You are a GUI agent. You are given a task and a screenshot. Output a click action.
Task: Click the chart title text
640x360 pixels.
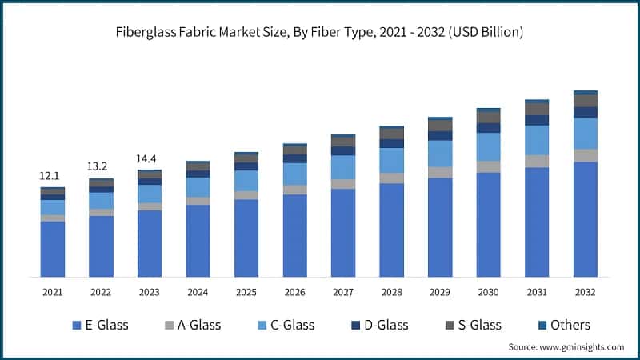click(320, 33)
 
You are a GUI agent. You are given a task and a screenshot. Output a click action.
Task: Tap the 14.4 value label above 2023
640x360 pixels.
click(149, 158)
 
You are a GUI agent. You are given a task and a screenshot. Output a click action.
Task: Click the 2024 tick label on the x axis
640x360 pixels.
click(198, 293)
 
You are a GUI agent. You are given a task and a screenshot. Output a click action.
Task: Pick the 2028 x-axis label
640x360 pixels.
click(391, 293)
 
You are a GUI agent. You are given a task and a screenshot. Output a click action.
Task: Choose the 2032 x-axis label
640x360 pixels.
click(585, 293)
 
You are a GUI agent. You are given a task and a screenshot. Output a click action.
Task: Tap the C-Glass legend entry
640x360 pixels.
click(286, 325)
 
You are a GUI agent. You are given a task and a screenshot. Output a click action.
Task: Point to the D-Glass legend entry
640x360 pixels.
click(379, 325)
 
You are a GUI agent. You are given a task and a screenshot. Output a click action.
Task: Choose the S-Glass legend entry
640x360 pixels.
click(473, 325)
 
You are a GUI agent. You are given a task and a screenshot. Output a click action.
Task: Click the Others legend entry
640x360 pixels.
click(563, 325)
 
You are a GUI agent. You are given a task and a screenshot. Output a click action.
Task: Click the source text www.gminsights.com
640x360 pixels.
click(566, 347)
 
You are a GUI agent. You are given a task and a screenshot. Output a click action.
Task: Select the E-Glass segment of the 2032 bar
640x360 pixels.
click(585, 219)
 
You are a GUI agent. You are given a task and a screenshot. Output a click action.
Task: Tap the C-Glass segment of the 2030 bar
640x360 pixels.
click(488, 146)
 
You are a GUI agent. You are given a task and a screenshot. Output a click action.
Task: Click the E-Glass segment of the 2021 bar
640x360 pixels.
click(52, 249)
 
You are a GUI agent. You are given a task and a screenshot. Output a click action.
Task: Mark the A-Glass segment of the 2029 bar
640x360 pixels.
click(440, 172)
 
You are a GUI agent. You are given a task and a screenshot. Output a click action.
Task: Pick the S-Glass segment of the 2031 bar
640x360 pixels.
click(537, 109)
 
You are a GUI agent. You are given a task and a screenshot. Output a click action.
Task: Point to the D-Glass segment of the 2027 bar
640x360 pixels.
click(343, 150)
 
